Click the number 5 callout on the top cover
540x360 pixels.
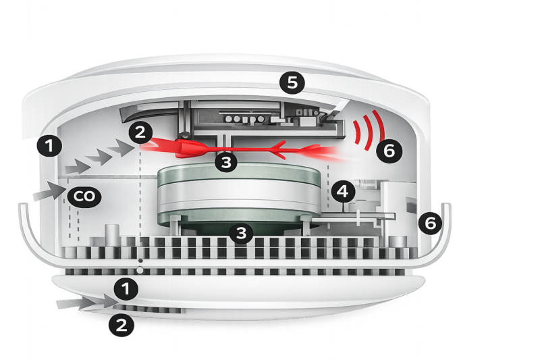coord(292,82)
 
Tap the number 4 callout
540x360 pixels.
coord(343,191)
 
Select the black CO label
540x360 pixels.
coord(84,197)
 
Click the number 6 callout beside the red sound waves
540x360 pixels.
coord(389,151)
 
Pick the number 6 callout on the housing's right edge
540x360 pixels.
coord(431,223)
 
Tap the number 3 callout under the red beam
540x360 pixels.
coord(226,162)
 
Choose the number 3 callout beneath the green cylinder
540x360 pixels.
coord(241,233)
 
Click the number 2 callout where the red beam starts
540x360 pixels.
coord(140,132)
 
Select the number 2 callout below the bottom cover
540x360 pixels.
coord(122,325)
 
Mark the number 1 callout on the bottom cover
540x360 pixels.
coord(126,288)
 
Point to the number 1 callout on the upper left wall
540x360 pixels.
coord(49,146)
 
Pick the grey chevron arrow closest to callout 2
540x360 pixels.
coord(121,148)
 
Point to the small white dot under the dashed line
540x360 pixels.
coord(140,270)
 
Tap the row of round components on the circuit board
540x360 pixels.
coord(244,119)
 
